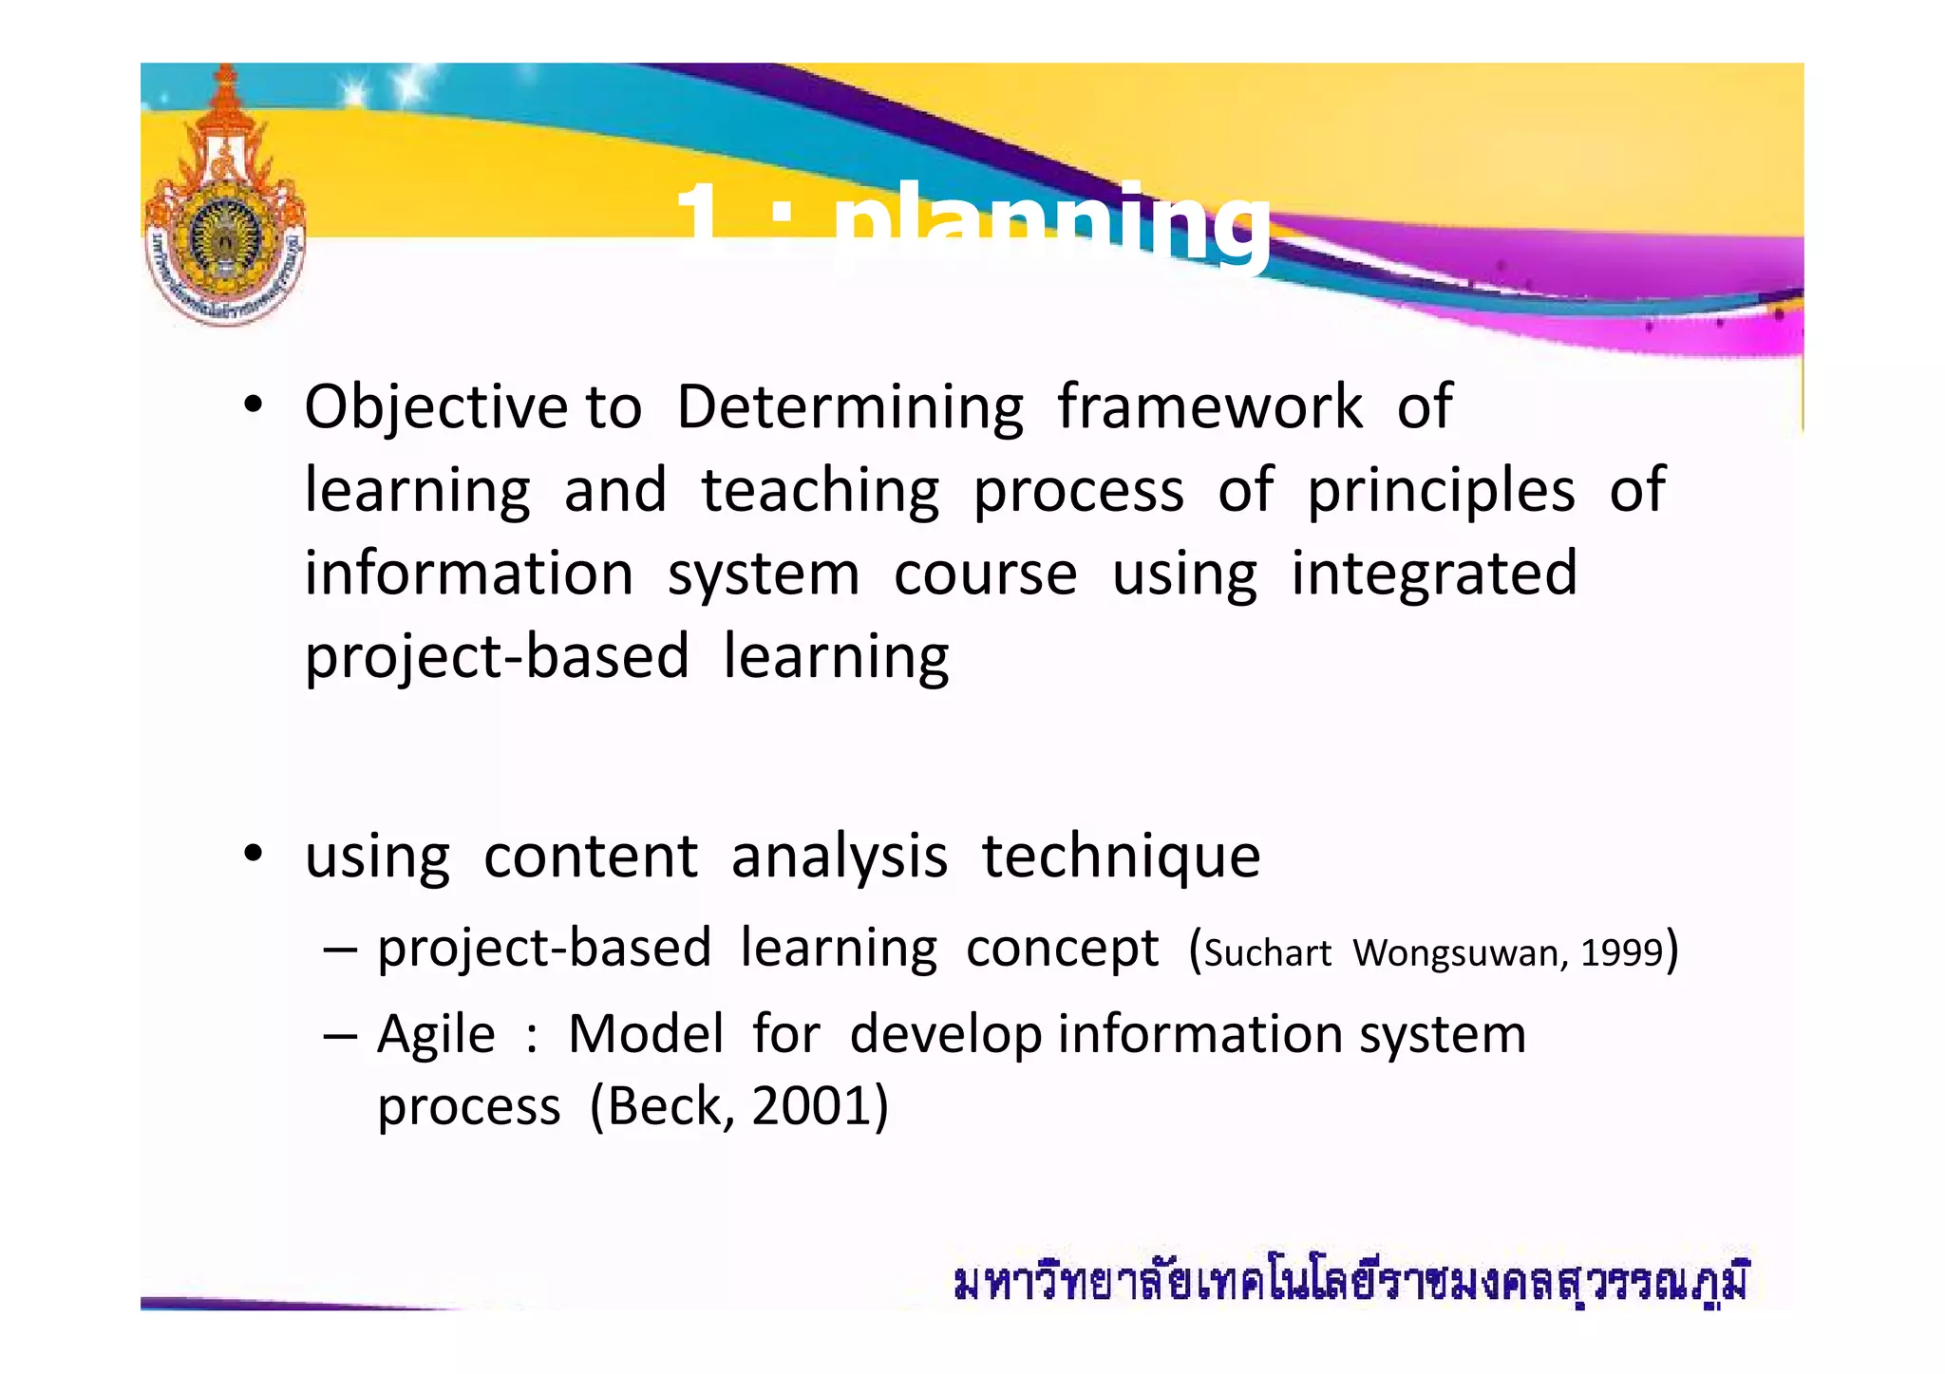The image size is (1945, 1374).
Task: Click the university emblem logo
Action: (225, 204)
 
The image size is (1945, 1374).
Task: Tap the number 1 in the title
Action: (701, 223)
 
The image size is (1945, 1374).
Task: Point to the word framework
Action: (1210, 406)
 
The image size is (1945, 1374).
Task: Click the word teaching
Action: (821, 492)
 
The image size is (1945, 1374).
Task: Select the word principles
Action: (1441, 492)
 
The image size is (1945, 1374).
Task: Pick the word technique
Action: (1121, 856)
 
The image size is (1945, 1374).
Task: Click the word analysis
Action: (839, 856)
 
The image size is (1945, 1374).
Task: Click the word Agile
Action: (436, 1034)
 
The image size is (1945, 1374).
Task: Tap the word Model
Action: (646, 1034)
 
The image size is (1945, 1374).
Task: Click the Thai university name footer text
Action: (1350, 1283)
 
